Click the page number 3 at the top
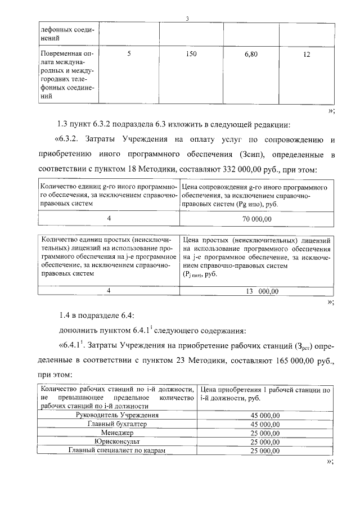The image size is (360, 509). coord(187,19)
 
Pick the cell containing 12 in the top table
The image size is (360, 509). coord(306,55)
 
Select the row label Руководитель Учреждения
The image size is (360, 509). coord(117,415)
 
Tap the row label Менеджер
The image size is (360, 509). coord(117,433)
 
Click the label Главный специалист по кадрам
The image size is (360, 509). coord(117,451)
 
